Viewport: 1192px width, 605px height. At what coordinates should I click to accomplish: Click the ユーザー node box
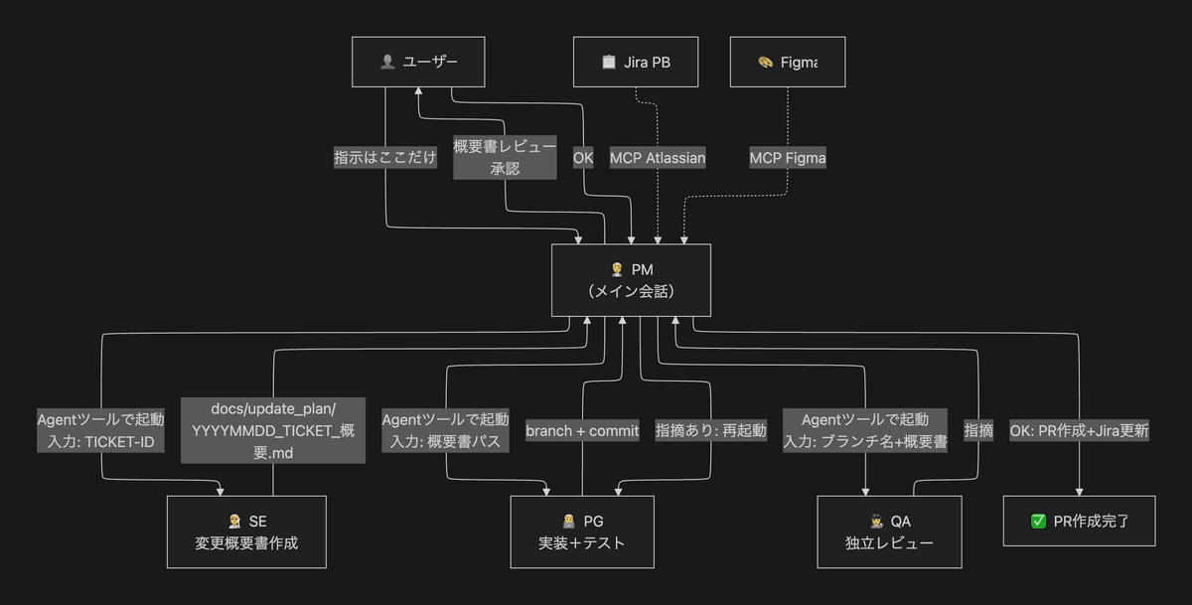(x=418, y=62)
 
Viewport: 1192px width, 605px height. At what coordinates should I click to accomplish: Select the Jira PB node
(x=636, y=62)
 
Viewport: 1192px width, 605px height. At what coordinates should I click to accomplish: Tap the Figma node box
(x=788, y=62)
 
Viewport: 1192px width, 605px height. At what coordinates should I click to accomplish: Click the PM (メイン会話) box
(x=631, y=280)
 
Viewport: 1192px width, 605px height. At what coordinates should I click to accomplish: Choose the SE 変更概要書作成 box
(x=246, y=532)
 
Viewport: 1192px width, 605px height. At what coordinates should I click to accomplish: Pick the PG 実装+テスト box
(x=582, y=532)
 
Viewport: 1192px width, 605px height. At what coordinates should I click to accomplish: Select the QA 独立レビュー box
(x=889, y=532)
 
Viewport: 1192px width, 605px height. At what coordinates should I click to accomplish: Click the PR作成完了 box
(x=1079, y=521)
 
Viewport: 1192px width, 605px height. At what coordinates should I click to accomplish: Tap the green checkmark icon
(x=1038, y=522)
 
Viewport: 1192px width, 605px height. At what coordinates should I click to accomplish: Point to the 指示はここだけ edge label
(x=385, y=158)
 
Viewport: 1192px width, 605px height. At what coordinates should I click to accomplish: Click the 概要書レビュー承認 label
(x=505, y=158)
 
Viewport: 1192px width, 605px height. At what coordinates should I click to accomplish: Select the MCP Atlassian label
(x=658, y=158)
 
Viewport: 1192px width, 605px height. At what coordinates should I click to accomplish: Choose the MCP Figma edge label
(x=788, y=158)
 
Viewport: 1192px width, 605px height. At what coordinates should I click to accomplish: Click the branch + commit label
(x=582, y=430)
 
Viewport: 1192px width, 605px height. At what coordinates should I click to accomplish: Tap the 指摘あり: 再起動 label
(x=711, y=430)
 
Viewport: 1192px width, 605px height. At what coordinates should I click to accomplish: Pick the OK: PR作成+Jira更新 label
(x=1079, y=430)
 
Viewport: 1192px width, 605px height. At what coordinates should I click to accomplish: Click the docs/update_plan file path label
(x=273, y=430)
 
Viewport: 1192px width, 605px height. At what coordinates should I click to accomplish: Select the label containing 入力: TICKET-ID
(x=100, y=430)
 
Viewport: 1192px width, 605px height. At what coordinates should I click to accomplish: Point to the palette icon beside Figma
(x=765, y=63)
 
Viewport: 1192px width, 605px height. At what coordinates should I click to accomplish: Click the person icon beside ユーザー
(x=387, y=63)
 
